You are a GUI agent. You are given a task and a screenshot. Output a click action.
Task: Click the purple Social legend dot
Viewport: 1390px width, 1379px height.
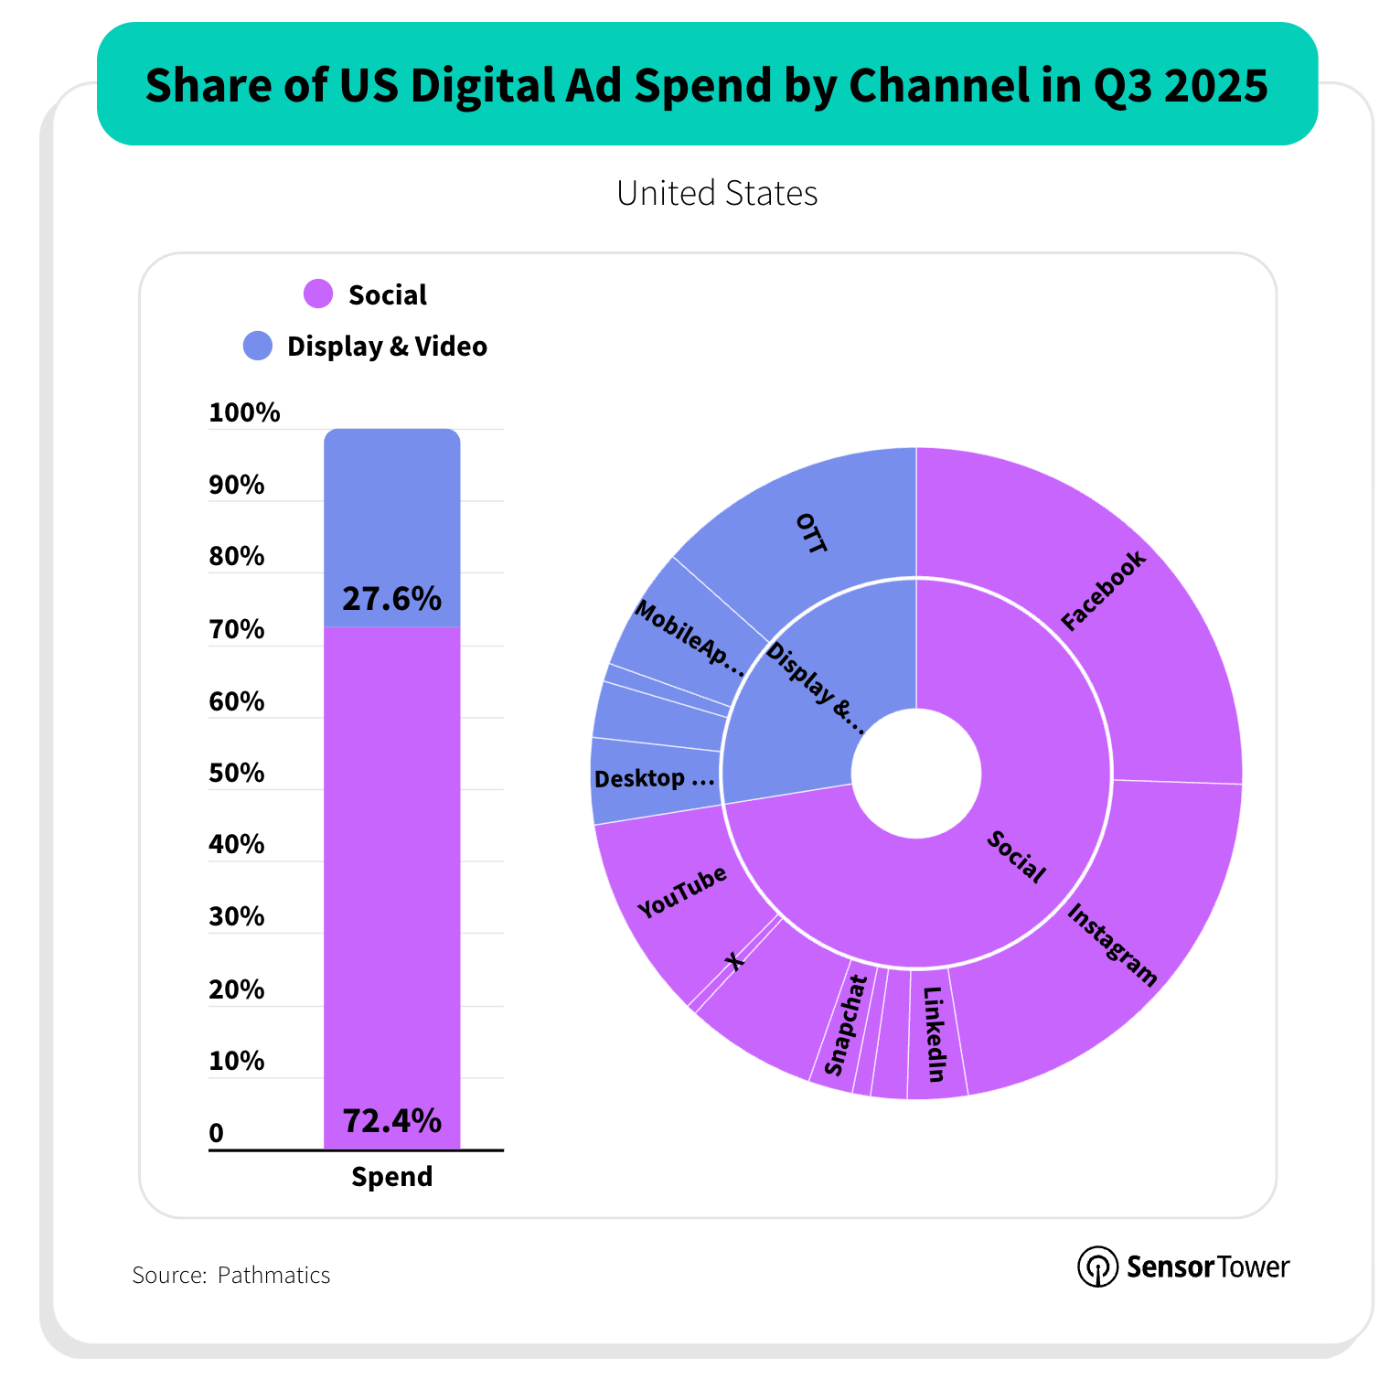pyautogui.click(x=318, y=294)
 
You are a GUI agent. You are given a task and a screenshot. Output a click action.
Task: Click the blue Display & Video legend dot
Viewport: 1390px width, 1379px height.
pyautogui.click(x=258, y=346)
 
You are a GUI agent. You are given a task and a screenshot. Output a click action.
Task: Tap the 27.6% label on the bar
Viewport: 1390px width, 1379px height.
pyautogui.click(x=391, y=599)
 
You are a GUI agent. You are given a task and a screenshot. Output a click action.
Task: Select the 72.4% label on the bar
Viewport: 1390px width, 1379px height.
pyautogui.click(x=391, y=1120)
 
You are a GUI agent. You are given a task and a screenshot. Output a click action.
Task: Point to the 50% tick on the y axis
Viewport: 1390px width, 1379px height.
pyautogui.click(x=237, y=774)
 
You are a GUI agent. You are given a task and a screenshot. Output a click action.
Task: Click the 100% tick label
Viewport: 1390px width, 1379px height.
pyautogui.click(x=244, y=412)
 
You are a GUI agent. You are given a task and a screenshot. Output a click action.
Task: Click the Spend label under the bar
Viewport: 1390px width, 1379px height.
pyautogui.click(x=391, y=1177)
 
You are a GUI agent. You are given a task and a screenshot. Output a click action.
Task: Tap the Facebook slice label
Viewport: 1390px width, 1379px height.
pyautogui.click(x=1103, y=591)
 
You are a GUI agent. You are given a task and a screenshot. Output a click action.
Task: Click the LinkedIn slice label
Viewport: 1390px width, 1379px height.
pyautogui.click(x=934, y=1034)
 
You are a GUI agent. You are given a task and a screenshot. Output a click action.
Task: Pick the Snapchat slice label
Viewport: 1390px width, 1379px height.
pyautogui.click(x=845, y=1025)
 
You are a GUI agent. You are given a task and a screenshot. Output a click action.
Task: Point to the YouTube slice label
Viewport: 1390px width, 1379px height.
pyautogui.click(x=682, y=892)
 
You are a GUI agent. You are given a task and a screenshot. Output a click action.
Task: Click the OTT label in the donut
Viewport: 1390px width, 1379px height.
pyautogui.click(x=811, y=534)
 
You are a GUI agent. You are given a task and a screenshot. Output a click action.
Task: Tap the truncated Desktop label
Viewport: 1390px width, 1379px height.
pyautogui.click(x=654, y=779)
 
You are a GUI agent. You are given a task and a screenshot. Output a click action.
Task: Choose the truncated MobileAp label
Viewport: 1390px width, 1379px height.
pyautogui.click(x=690, y=638)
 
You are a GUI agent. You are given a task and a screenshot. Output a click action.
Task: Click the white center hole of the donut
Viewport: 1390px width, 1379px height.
pyautogui.click(x=916, y=774)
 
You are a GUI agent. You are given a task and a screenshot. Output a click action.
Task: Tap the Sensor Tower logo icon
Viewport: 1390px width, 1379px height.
pyautogui.click(x=1097, y=1267)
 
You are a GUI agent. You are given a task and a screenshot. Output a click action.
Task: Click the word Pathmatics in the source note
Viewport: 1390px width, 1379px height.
pyautogui.click(x=273, y=1275)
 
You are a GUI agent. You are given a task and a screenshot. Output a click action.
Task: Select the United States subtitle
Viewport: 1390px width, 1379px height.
pyautogui.click(x=717, y=193)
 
